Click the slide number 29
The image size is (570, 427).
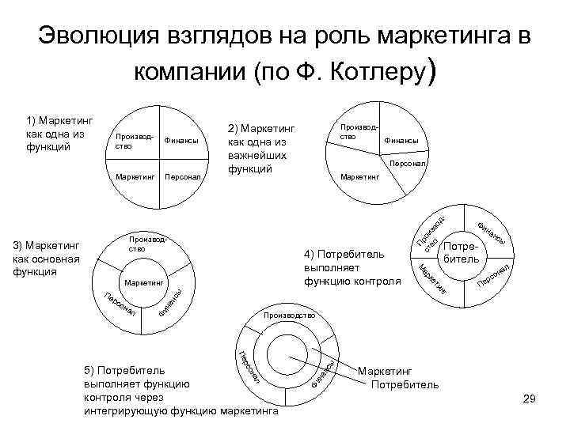[530, 401]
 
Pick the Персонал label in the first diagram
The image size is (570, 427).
[181, 177]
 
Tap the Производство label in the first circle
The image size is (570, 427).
[132, 141]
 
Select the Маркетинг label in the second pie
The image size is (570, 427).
[359, 176]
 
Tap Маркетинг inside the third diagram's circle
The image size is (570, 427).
[144, 281]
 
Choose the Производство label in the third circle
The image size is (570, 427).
[144, 244]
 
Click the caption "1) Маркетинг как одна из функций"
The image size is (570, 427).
[59, 133]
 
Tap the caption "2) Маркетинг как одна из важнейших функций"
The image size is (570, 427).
[260, 148]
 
